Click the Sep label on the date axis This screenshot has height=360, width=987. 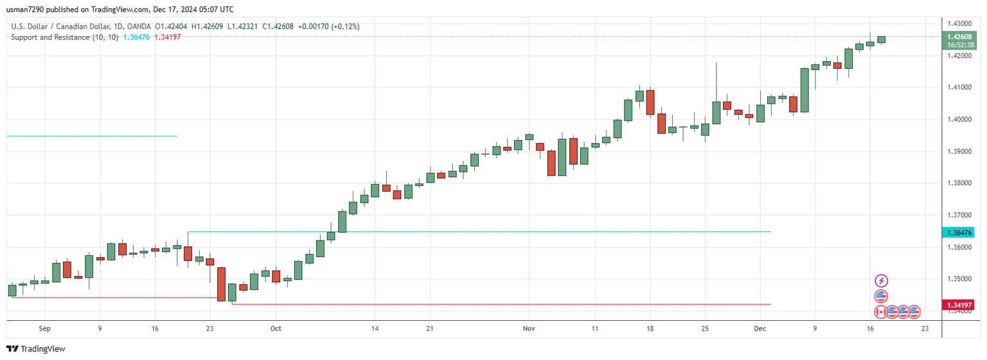(x=44, y=328)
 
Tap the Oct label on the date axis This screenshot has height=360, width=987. (x=276, y=328)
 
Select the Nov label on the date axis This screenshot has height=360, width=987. (x=529, y=328)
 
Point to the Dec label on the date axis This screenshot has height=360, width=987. (x=760, y=328)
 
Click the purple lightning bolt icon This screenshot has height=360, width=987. (x=882, y=281)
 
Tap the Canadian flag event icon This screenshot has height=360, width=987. (x=882, y=312)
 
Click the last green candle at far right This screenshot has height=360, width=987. (x=882, y=40)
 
